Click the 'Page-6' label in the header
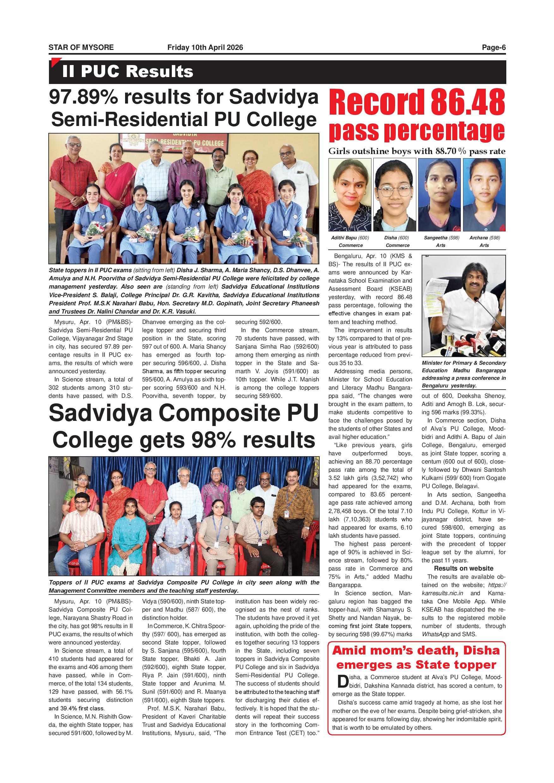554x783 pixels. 493,47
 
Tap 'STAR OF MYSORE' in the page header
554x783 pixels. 81,47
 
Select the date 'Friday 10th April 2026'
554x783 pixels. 205,47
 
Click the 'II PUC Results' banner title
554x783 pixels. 128,72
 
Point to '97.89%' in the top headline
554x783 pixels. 83,97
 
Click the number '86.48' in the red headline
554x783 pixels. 468,102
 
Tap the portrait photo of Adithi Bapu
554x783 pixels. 350,195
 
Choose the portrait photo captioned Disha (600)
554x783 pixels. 394,195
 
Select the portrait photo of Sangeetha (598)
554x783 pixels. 439,195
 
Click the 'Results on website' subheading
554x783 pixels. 463,569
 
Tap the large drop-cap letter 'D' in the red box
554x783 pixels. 342,681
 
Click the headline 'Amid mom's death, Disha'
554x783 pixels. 416,651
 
